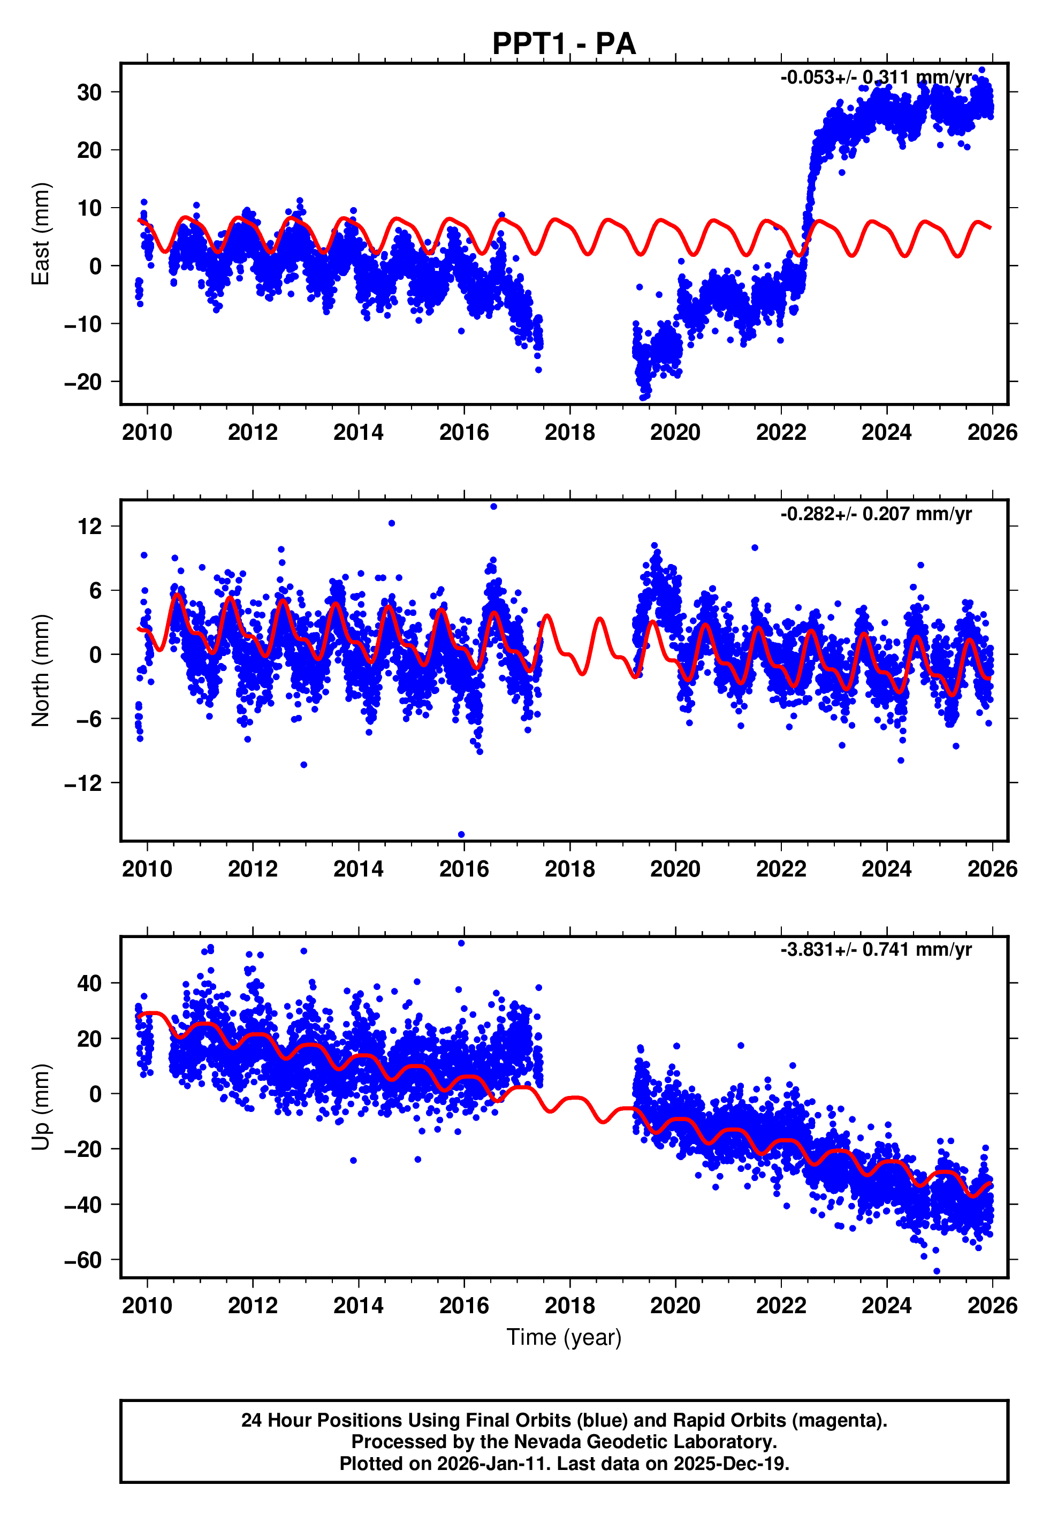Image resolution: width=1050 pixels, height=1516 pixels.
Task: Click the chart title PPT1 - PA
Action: (x=564, y=44)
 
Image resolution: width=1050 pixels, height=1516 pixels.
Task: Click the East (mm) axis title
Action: (x=41, y=234)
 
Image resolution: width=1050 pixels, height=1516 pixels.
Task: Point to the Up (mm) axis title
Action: (x=41, y=1107)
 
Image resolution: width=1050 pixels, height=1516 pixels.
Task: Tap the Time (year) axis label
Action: (x=564, y=1337)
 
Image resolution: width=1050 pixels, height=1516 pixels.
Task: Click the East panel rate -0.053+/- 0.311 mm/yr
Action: (x=876, y=78)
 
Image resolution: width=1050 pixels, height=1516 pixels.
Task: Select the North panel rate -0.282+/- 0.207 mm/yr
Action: (x=876, y=514)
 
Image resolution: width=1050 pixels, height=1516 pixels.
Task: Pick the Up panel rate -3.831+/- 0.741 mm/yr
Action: (x=876, y=950)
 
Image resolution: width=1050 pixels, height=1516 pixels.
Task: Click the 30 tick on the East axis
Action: (x=89, y=93)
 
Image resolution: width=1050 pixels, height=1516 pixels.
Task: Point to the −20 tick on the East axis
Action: (x=83, y=382)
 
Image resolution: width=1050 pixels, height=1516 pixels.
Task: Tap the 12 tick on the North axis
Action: (x=89, y=526)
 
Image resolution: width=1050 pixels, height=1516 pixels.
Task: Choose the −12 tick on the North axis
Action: (x=83, y=783)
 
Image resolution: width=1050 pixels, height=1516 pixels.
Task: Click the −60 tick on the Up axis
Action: (x=83, y=1260)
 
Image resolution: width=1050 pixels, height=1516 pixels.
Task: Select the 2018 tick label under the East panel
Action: (x=570, y=433)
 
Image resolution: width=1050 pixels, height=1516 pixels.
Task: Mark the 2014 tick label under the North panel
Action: (x=359, y=869)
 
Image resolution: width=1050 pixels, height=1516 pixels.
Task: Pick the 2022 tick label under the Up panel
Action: (x=781, y=1306)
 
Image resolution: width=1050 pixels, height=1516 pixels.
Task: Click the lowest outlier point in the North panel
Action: (x=461, y=835)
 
